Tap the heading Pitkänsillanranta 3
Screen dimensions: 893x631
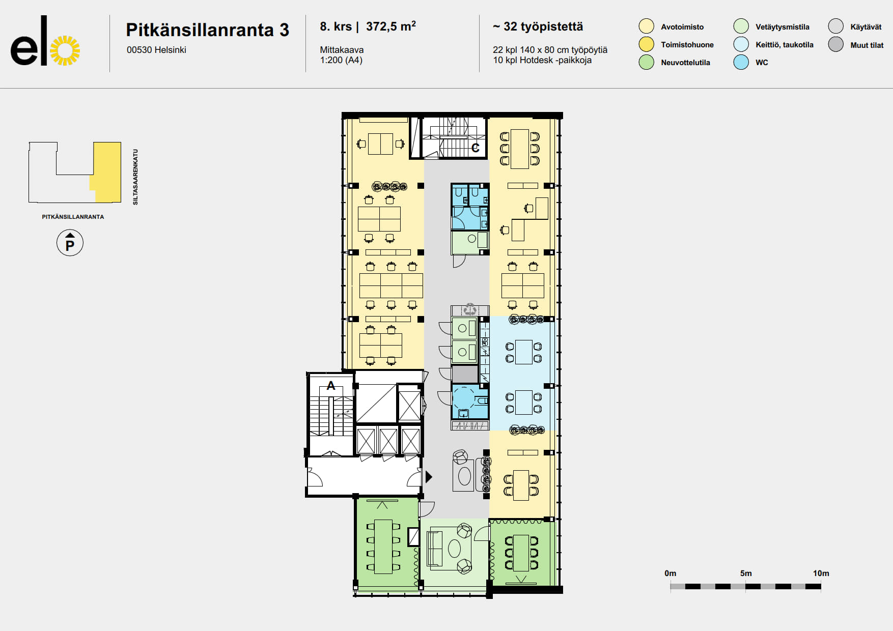pyautogui.click(x=207, y=30)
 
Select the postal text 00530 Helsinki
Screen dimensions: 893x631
pyautogui.click(x=156, y=50)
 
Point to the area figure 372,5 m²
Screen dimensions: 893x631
pyautogui.click(x=391, y=26)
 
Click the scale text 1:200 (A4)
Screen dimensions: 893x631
pyautogui.click(x=341, y=60)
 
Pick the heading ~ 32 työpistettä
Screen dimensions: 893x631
pyautogui.click(x=538, y=26)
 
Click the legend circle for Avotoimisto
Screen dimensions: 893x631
pyautogui.click(x=646, y=26)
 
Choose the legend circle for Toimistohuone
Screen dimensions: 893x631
pyautogui.click(x=646, y=44)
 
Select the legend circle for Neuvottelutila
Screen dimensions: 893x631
pyautogui.click(x=646, y=62)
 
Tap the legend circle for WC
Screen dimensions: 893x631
pyautogui.click(x=741, y=62)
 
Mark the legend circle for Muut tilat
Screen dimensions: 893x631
pyautogui.click(x=835, y=44)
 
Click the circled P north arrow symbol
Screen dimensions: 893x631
pyautogui.click(x=70, y=243)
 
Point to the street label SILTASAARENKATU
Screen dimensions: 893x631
pyautogui.click(x=135, y=177)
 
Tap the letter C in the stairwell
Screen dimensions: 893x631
pyautogui.click(x=476, y=148)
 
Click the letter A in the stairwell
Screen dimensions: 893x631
pyautogui.click(x=331, y=386)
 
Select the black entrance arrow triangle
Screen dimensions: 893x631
pyautogui.click(x=429, y=477)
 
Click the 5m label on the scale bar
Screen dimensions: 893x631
pyautogui.click(x=746, y=573)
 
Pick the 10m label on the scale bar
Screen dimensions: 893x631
pyautogui.click(x=821, y=573)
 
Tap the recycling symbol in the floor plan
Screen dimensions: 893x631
pyautogui.click(x=469, y=309)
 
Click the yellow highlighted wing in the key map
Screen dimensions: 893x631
pyautogui.click(x=106, y=172)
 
